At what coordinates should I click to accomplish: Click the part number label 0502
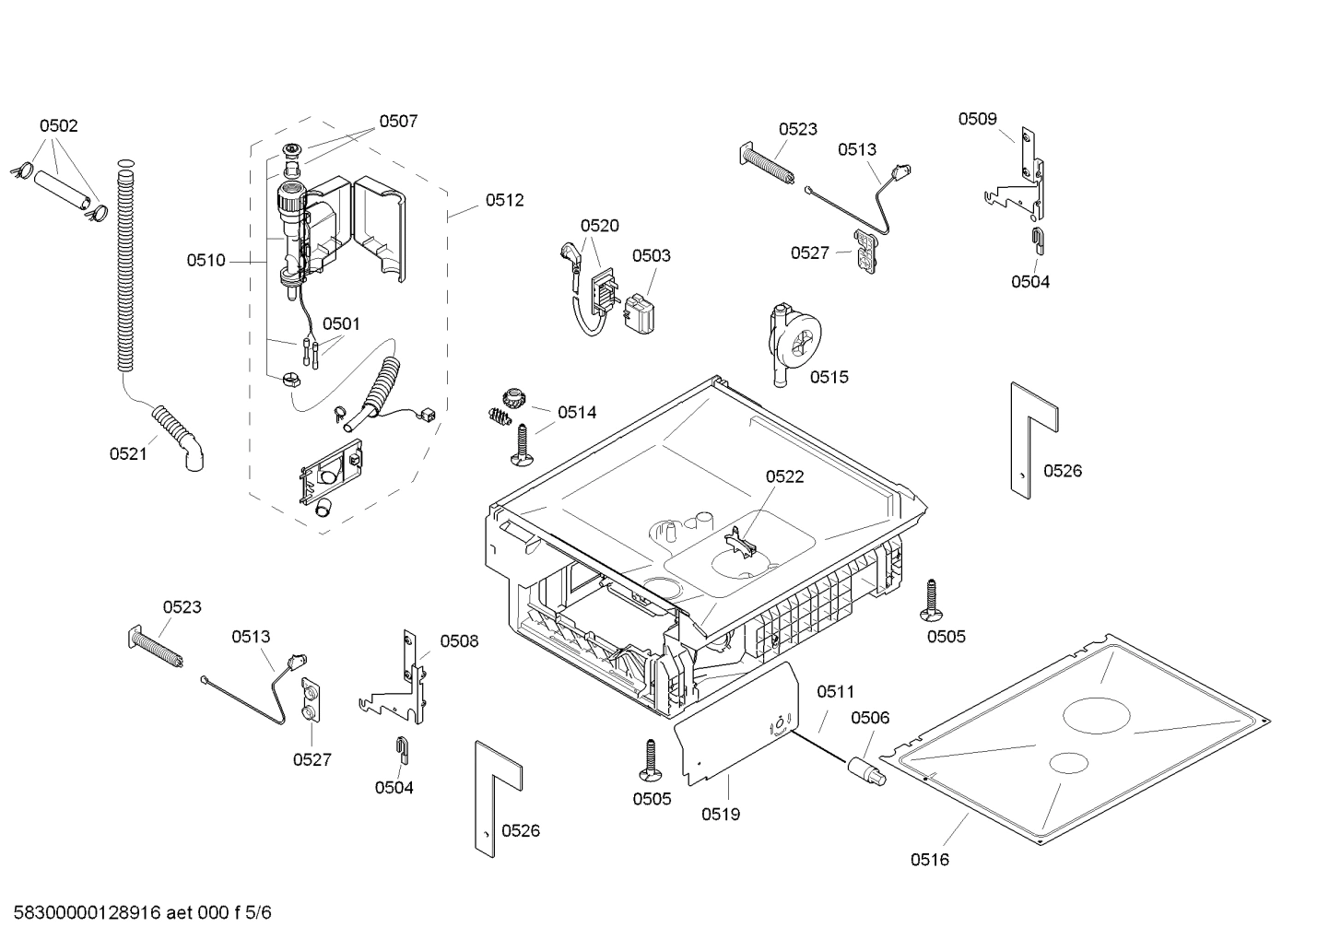(x=58, y=126)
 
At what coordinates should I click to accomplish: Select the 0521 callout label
(x=128, y=453)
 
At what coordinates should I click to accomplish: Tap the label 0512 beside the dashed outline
(x=504, y=200)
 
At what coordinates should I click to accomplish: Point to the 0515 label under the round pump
(x=829, y=377)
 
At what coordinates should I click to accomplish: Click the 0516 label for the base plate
(x=930, y=860)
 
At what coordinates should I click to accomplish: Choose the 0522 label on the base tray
(x=784, y=476)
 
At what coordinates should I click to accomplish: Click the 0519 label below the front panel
(x=721, y=814)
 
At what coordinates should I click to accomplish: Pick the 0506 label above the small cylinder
(x=870, y=718)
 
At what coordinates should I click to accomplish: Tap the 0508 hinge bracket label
(x=459, y=641)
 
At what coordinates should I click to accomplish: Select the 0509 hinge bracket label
(x=977, y=119)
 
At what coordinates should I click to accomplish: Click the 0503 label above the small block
(x=651, y=255)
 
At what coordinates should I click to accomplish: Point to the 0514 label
(x=577, y=413)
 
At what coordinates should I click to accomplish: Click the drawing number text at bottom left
(x=143, y=913)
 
